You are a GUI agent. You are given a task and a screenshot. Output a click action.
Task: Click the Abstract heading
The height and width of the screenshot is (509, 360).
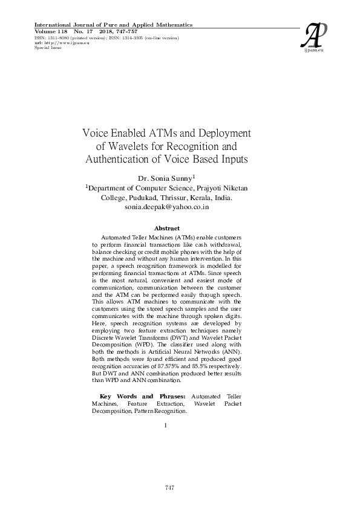(166, 228)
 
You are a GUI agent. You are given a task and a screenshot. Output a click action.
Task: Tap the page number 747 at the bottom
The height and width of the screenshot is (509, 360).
(170, 487)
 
